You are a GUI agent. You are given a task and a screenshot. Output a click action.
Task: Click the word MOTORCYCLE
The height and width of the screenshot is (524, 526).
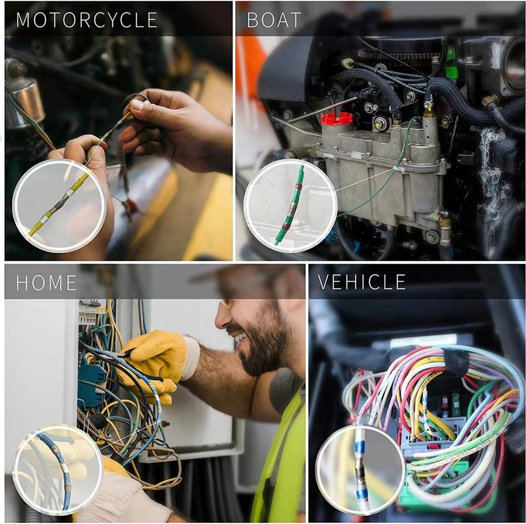click(x=87, y=20)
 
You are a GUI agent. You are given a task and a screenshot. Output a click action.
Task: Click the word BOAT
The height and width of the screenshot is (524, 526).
click(x=274, y=20)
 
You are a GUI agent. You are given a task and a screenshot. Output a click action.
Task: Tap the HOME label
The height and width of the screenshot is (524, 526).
click(x=46, y=282)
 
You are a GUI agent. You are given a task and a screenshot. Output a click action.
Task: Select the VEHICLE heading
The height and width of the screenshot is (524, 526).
click(x=362, y=282)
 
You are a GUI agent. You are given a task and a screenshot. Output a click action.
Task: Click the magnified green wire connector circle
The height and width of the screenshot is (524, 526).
click(x=290, y=204)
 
